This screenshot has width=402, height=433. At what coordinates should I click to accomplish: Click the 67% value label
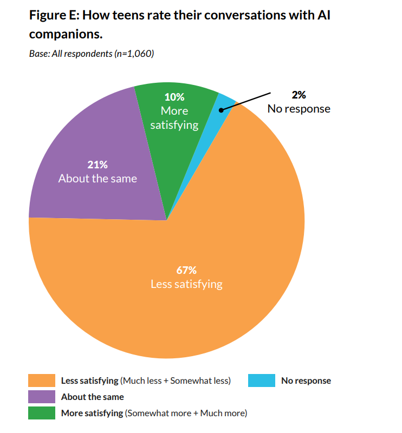click(186, 270)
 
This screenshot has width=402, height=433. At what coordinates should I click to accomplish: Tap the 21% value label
click(98, 165)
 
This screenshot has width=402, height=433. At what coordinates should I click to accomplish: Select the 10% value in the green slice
click(174, 97)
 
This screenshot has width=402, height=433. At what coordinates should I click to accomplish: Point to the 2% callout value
click(299, 95)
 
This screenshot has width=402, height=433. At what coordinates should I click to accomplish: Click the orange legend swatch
click(42, 380)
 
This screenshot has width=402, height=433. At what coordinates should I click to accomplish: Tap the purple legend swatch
click(42, 397)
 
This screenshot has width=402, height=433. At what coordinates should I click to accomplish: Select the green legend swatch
click(42, 413)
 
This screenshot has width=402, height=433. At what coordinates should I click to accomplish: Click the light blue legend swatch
click(262, 380)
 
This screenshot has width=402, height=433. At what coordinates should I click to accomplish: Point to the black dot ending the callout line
click(221, 110)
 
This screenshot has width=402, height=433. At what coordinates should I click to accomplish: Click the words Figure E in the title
click(53, 15)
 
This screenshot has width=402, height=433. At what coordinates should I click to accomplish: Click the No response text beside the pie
click(299, 108)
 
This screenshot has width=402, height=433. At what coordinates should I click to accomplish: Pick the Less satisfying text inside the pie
click(186, 284)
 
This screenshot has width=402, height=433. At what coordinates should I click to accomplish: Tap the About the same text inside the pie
click(98, 178)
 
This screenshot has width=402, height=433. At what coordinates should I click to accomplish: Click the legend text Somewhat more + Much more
click(186, 413)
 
